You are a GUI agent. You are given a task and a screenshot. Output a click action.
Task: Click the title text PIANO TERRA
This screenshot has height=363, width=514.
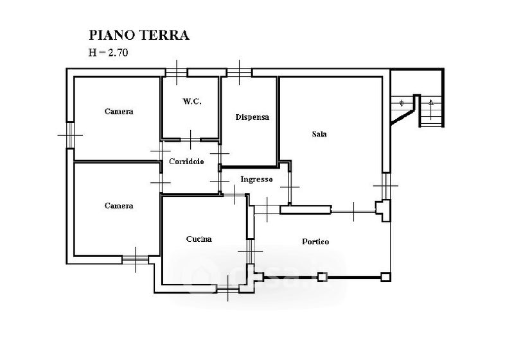tap(138, 35)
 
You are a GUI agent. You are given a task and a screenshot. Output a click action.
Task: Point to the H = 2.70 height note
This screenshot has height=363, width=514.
tap(109, 53)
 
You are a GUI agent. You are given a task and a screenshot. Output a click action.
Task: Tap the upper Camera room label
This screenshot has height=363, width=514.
tap(119, 112)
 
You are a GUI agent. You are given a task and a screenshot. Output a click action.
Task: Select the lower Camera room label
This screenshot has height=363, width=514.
tap(119, 206)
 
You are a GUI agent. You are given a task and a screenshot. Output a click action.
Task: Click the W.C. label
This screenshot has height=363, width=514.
tap(192, 101)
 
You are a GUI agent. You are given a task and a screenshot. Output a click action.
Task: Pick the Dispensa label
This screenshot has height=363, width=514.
tap(252, 117)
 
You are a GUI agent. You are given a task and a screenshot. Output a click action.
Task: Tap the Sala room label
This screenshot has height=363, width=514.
tap(319, 134)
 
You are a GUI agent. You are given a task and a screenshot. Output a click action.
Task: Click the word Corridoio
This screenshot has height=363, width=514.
tap(186, 162)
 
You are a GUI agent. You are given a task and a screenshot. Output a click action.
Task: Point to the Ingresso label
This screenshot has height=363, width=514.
tap(257, 180)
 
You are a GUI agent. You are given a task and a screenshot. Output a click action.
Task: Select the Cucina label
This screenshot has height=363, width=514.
tap(199, 239)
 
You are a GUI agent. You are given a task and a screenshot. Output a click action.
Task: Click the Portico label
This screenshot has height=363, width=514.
tap(315, 242)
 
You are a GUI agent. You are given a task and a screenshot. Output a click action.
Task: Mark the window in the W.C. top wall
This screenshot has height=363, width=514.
tap(177, 71)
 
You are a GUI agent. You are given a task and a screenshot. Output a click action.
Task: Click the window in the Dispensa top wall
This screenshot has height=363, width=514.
tap(239, 71)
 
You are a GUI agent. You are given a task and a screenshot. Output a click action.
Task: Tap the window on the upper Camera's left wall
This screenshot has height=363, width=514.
tap(69, 135)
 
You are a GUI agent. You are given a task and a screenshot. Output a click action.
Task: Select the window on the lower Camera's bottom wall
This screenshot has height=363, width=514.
tap(135, 260)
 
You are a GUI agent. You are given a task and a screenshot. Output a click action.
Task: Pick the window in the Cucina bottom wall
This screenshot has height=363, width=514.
tap(228, 289)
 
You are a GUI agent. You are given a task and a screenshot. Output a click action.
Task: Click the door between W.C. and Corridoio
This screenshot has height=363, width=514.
tap(191, 139)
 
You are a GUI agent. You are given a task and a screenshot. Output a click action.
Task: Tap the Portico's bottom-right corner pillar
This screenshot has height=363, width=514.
tap(385, 277)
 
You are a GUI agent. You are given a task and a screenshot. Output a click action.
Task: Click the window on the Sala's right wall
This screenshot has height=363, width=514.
tap(386, 186)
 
